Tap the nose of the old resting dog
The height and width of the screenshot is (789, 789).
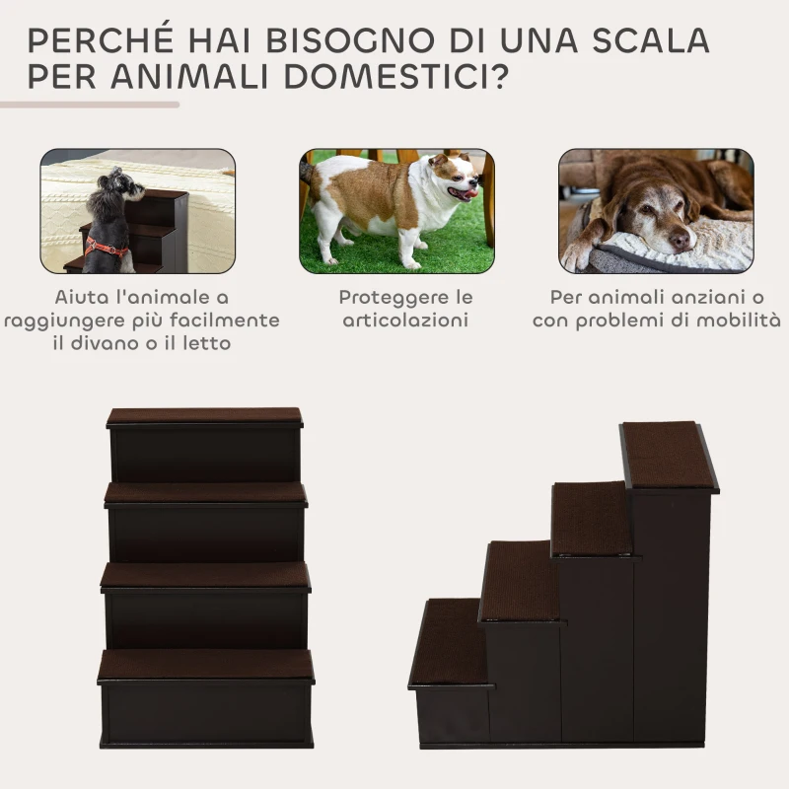click(x=679, y=241)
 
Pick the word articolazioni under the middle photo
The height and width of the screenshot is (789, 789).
click(x=406, y=321)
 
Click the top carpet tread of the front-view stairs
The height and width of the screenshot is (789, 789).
click(x=204, y=416)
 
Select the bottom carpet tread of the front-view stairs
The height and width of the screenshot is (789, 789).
click(x=205, y=665)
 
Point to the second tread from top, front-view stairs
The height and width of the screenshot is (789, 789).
click(x=205, y=492)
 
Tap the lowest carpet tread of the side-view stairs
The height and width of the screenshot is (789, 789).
click(x=450, y=641)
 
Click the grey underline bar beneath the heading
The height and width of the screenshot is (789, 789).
click(x=89, y=104)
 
